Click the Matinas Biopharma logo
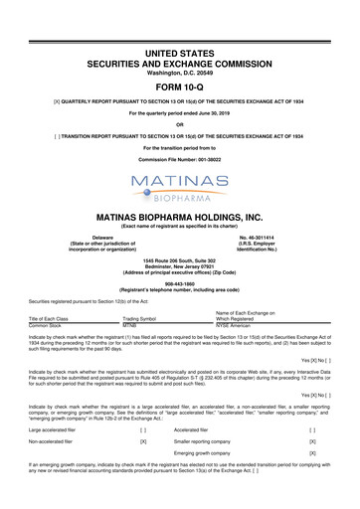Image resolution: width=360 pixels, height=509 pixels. (x=180, y=182)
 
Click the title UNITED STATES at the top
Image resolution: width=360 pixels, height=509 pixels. (x=180, y=22)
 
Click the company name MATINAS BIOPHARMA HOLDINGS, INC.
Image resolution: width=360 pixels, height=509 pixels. (x=180, y=215)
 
